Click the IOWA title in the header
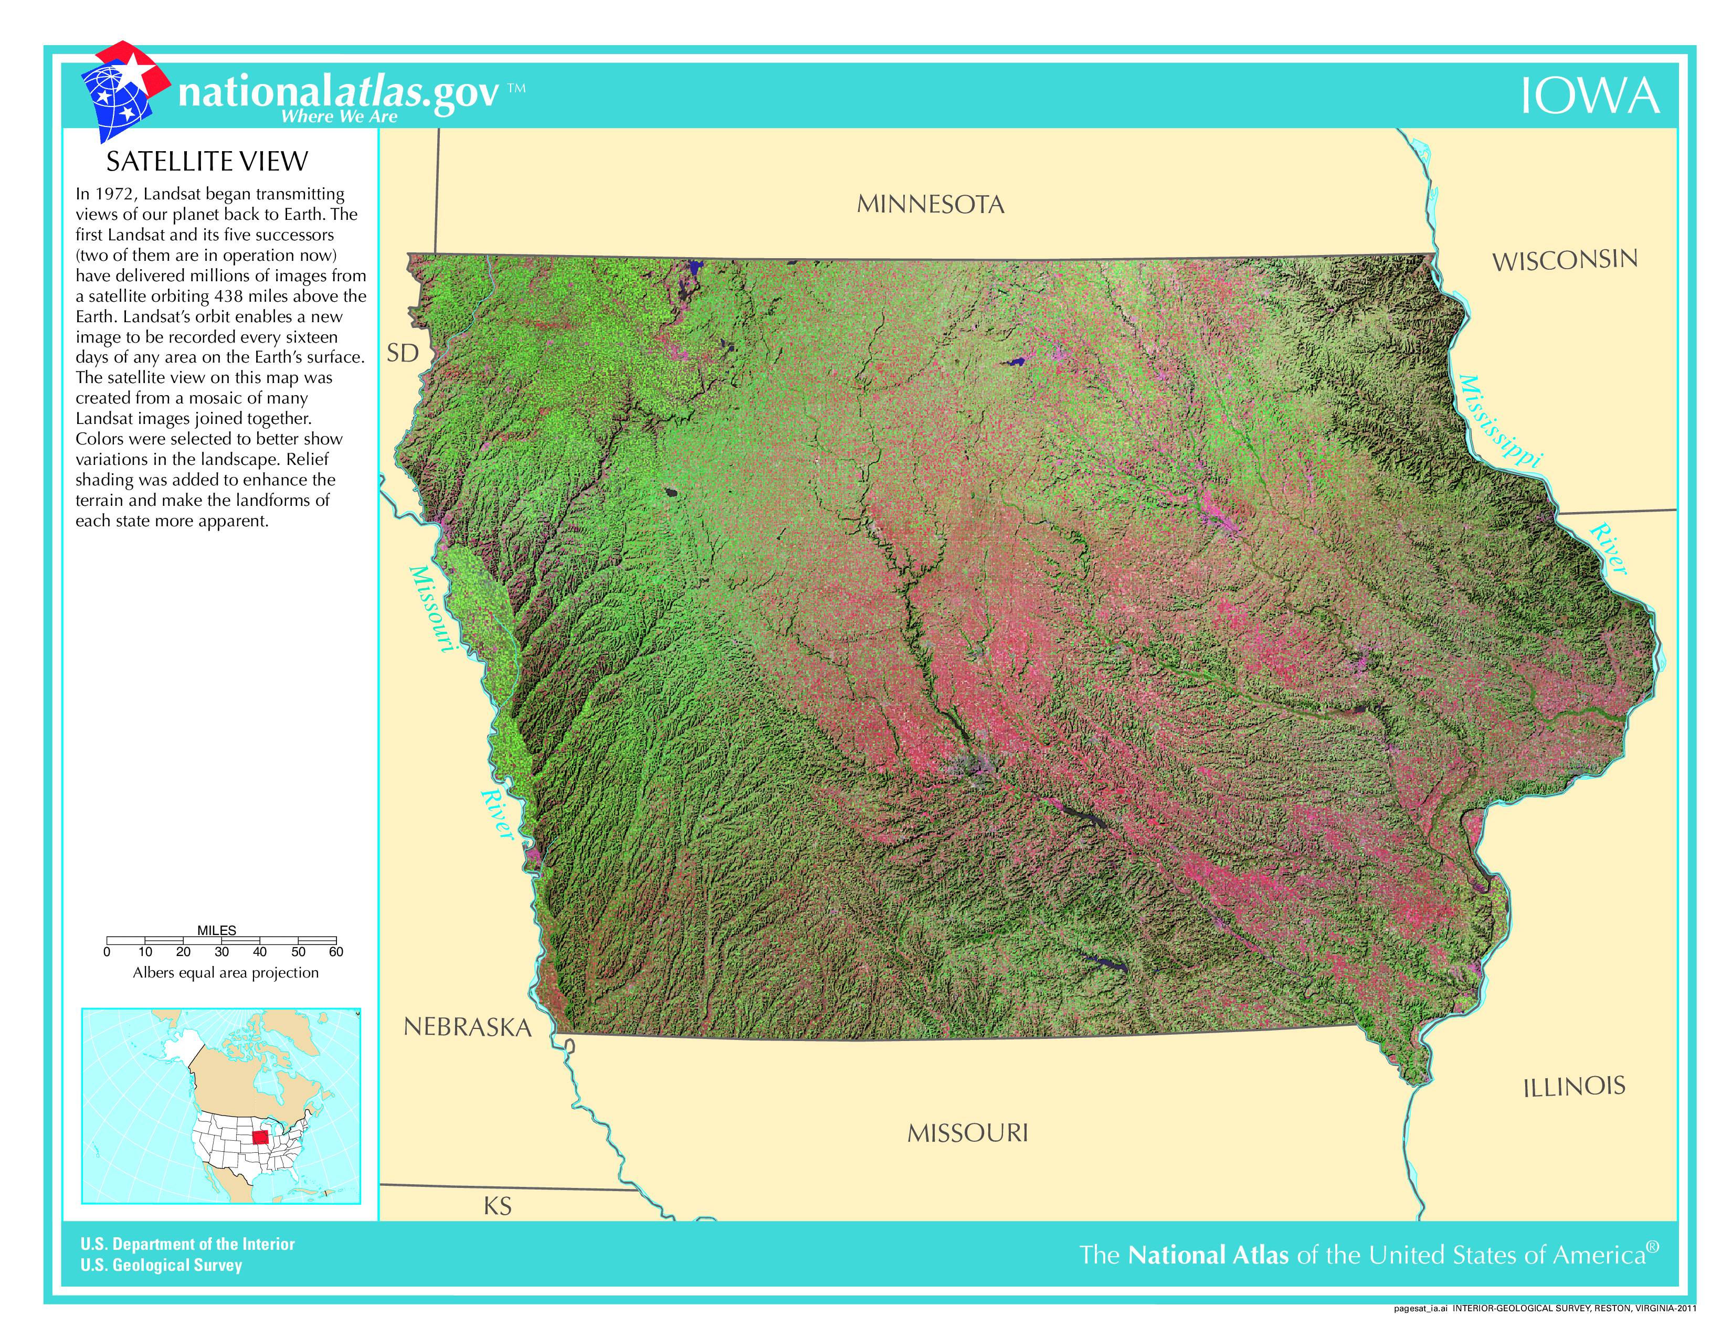click(x=1589, y=97)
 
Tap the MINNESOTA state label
click(x=930, y=205)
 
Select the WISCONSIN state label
click(x=1564, y=260)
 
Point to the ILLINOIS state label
click(x=1573, y=1087)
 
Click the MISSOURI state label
click(x=967, y=1133)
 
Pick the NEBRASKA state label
click(x=467, y=1027)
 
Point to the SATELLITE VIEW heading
click(x=206, y=162)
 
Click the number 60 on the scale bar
click(x=335, y=952)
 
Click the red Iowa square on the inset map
click(x=260, y=1138)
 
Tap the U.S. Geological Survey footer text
click(x=161, y=1265)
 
